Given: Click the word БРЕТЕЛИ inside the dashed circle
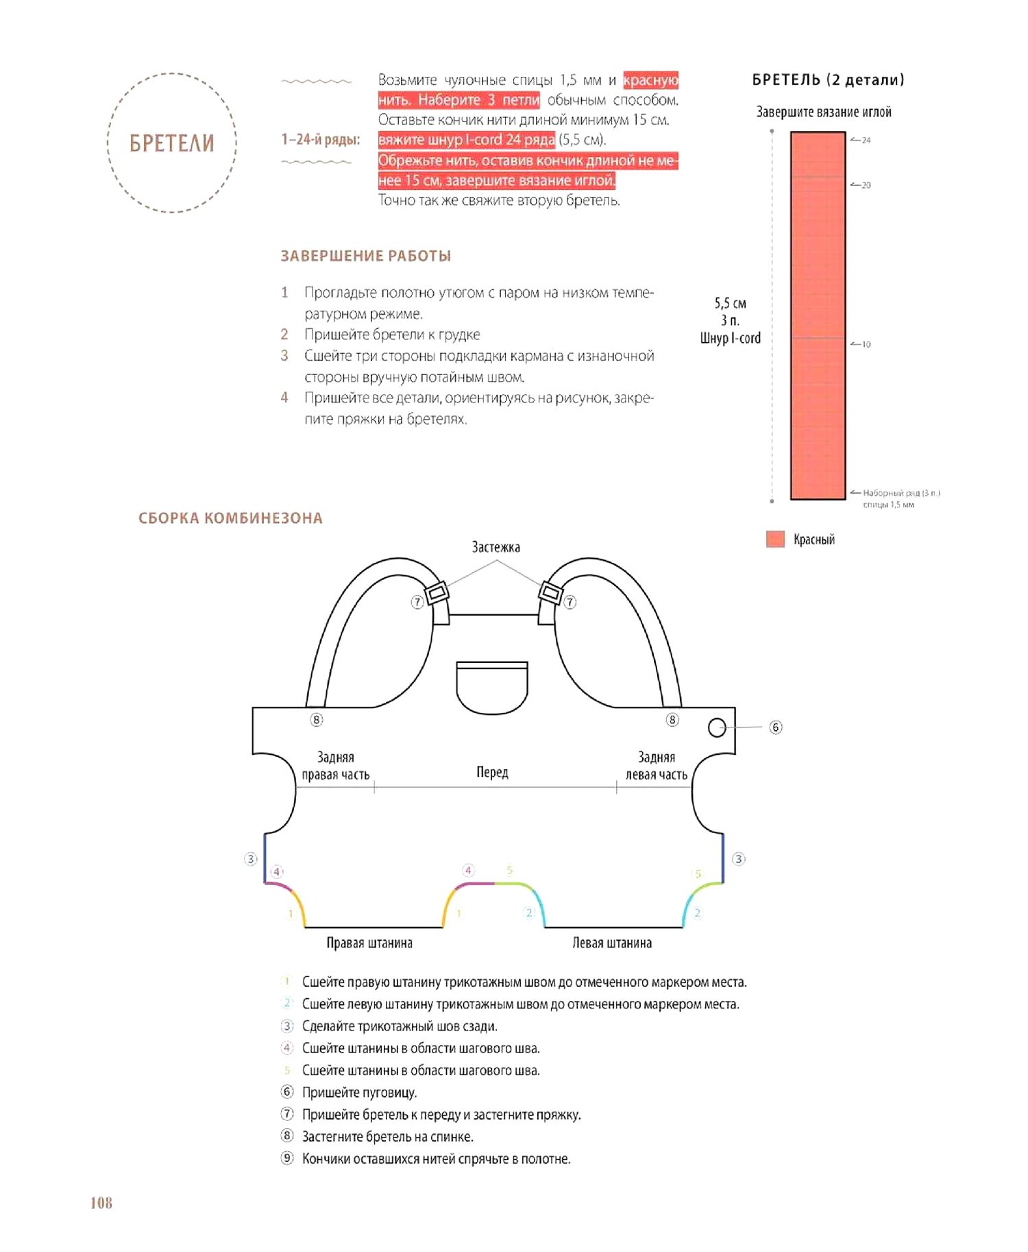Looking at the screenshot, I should click(171, 143).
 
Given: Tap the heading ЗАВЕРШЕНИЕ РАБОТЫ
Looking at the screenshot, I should click(365, 256).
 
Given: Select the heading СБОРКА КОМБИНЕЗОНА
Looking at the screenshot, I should click(230, 518).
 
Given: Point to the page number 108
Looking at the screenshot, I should click(101, 1203).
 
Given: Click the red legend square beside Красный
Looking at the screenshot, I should click(775, 539).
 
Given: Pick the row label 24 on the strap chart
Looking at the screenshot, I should click(866, 140).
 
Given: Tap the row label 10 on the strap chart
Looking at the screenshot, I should click(866, 344).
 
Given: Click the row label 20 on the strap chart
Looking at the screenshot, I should click(866, 185).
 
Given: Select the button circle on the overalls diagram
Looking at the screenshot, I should click(717, 727).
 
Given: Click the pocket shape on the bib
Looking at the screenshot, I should click(492, 687).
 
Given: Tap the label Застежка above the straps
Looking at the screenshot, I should click(495, 547).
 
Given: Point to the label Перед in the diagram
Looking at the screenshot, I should click(492, 772).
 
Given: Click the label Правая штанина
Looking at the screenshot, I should click(369, 943).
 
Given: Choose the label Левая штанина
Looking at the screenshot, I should click(612, 943).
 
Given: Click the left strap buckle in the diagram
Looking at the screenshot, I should click(437, 592).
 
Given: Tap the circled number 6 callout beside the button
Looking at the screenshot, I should click(776, 727).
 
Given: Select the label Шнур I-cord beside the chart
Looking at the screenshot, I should click(730, 338).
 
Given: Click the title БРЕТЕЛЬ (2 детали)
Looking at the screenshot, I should click(828, 80).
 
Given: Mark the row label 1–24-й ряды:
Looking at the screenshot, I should click(320, 140).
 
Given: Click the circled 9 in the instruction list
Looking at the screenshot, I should click(288, 1158).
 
